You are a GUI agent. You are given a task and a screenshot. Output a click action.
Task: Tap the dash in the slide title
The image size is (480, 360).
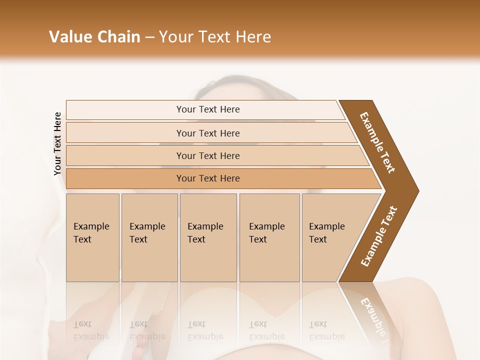(x=150, y=37)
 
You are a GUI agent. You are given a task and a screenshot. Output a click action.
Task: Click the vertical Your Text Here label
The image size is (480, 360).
(x=57, y=143)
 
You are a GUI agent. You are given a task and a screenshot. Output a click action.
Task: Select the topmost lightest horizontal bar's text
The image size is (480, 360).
(x=208, y=109)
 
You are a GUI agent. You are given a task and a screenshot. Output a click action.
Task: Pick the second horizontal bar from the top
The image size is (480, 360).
(x=208, y=133)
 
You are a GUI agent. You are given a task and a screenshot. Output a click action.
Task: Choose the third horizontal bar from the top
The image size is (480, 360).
(x=208, y=156)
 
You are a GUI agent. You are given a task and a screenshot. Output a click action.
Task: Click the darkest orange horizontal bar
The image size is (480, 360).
(x=208, y=178)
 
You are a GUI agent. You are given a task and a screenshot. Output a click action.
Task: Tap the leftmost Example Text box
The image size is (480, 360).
(x=92, y=237)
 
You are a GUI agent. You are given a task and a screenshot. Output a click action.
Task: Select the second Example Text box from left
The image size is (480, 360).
(x=149, y=237)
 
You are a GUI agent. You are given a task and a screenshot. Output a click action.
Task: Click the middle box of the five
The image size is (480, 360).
(x=207, y=237)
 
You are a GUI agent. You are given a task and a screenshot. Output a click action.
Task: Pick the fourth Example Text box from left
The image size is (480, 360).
(x=269, y=237)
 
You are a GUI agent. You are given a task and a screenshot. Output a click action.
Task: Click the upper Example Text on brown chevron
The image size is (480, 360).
(x=377, y=142)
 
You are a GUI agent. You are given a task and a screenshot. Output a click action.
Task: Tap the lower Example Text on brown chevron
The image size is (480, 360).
(x=379, y=236)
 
